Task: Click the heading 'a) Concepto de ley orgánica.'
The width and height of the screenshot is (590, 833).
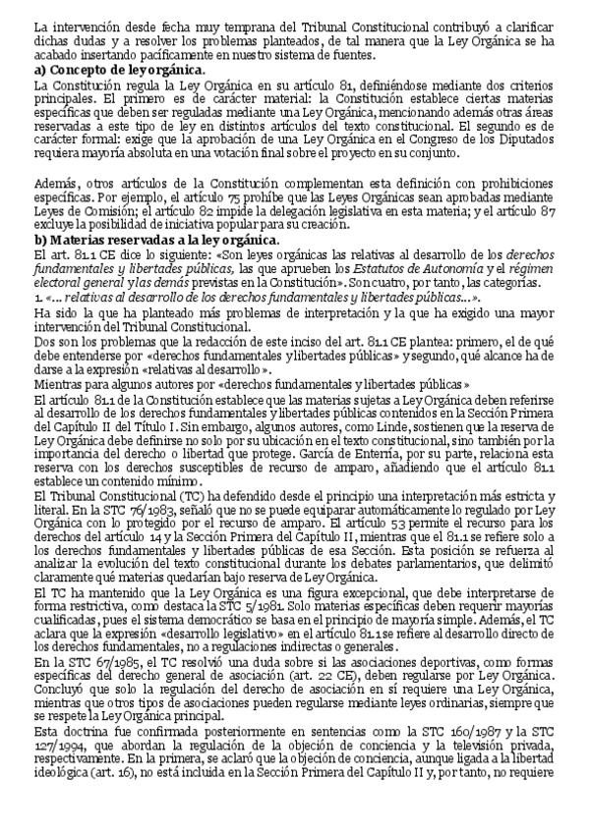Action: pos(119,70)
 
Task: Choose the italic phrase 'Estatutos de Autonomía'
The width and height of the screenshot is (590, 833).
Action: pos(328,267)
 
